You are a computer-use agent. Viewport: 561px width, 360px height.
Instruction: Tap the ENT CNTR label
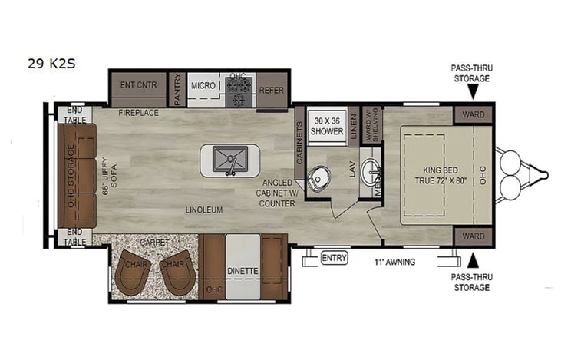click(x=138, y=84)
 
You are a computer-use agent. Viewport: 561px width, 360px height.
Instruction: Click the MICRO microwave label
click(x=203, y=85)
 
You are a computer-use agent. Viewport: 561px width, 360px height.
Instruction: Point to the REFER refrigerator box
click(x=272, y=89)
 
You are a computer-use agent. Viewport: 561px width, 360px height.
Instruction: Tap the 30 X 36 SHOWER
click(x=327, y=126)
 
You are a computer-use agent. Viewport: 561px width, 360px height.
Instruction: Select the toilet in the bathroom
click(x=318, y=178)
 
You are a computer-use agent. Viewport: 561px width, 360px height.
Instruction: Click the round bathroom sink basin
click(x=371, y=170)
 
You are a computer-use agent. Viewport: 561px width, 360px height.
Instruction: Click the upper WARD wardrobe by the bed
click(x=474, y=115)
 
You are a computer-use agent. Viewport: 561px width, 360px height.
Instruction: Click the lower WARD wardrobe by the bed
click(x=474, y=236)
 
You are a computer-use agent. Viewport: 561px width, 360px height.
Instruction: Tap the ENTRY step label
click(x=334, y=257)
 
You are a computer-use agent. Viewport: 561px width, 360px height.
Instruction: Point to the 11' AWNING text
click(x=396, y=262)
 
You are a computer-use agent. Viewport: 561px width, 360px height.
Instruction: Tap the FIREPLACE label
click(x=138, y=113)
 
